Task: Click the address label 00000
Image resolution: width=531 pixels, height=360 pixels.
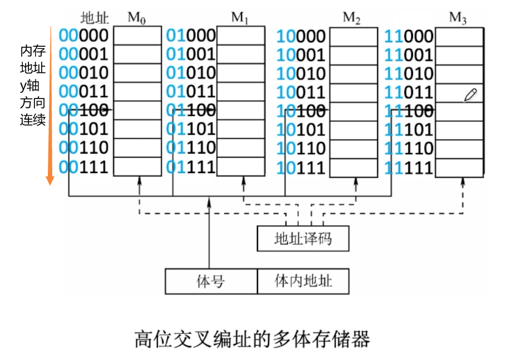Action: pyautogui.click(x=83, y=36)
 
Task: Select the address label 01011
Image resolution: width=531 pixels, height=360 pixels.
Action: pyautogui.click(x=191, y=92)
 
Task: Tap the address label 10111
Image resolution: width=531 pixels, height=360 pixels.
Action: pyautogui.click(x=301, y=167)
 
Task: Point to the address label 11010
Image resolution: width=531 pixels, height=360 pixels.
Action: pyautogui.click(x=409, y=73)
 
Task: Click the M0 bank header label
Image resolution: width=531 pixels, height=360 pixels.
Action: pyautogui.click(x=137, y=17)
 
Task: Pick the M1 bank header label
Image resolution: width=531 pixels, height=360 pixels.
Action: pyautogui.click(x=240, y=17)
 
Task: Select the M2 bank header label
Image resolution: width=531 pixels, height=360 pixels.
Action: pyautogui.click(x=352, y=17)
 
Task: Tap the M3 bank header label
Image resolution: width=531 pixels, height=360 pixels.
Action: pyautogui.click(x=458, y=17)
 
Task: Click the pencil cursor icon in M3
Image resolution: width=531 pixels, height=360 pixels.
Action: pyautogui.click(x=470, y=95)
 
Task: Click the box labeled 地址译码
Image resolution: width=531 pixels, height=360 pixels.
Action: pyautogui.click(x=303, y=239)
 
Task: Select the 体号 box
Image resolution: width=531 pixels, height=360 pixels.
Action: pyautogui.click(x=211, y=281)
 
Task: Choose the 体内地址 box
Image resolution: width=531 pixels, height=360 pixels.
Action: pyautogui.click(x=303, y=281)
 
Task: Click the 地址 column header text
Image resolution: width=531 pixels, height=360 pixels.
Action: pyautogui.click(x=95, y=18)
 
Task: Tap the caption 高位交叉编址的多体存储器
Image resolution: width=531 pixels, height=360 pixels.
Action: pyautogui.click(x=252, y=338)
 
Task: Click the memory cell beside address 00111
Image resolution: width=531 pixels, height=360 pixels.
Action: pyautogui.click(x=137, y=167)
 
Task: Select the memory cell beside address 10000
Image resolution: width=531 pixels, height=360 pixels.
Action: pyautogui.click(x=354, y=36)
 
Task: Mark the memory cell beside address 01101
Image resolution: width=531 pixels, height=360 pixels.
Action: pyautogui.click(x=241, y=129)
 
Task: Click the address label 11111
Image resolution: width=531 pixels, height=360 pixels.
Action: pyautogui.click(x=409, y=167)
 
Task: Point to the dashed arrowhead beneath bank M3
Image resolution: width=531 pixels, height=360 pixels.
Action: pyautogui.click(x=463, y=183)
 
